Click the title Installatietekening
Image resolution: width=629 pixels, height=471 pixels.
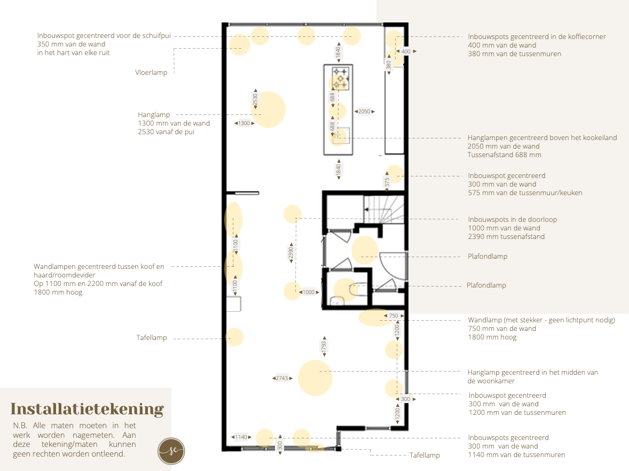click(x=87, y=409)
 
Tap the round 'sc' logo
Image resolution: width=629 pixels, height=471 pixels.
click(x=171, y=451)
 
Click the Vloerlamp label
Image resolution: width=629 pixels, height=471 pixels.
click(x=151, y=72)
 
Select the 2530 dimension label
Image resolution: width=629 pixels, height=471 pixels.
click(x=256, y=99)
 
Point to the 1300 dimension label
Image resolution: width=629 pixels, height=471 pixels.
click(x=244, y=123)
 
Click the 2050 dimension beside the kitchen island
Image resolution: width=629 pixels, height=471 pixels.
click(x=364, y=112)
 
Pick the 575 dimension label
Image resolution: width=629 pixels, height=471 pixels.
click(x=387, y=182)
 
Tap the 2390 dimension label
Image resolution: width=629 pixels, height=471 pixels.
click(x=291, y=253)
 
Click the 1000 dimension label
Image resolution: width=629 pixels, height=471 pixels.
click(x=309, y=292)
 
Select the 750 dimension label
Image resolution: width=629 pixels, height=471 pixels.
click(x=394, y=315)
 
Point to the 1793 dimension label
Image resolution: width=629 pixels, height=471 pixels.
click(x=324, y=346)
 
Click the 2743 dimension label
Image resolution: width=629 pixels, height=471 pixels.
click(x=282, y=379)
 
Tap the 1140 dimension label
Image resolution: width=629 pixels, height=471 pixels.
click(x=241, y=437)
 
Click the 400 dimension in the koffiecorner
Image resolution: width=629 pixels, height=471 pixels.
click(x=406, y=51)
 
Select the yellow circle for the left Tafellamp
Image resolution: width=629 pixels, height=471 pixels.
click(x=234, y=337)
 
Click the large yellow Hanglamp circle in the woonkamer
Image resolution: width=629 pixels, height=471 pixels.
click(x=316, y=378)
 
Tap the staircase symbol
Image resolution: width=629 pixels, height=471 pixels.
click(x=384, y=209)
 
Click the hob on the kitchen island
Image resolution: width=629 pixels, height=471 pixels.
click(x=340, y=79)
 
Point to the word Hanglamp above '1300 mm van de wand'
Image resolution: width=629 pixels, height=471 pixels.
click(x=154, y=115)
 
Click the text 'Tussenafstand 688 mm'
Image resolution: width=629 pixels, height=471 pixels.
click(x=504, y=155)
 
